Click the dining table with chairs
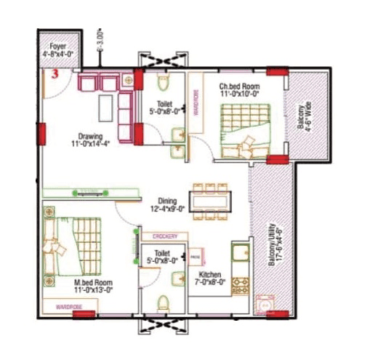(x=210, y=199)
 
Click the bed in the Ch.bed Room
(x=244, y=129)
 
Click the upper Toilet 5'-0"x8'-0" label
(x=164, y=108)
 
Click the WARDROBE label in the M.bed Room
(x=71, y=306)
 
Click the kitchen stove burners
(x=238, y=284)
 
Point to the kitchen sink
(x=238, y=255)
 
